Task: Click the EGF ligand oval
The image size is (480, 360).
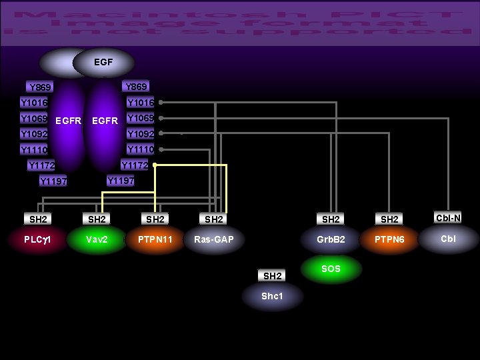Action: click(103, 63)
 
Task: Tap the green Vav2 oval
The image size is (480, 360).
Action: click(97, 239)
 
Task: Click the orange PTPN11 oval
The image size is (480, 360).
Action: click(155, 239)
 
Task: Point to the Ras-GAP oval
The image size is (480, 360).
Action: click(213, 239)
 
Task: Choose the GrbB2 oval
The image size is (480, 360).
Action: click(331, 239)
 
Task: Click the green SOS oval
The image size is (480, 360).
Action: click(331, 269)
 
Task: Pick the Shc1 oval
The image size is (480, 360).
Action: click(272, 296)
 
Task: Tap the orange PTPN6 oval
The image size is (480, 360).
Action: click(389, 239)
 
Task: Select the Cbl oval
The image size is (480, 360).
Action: click(449, 239)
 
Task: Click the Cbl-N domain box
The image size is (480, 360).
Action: click(449, 218)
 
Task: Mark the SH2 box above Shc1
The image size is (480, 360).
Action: click(272, 275)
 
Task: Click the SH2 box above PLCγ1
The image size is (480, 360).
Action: click(38, 219)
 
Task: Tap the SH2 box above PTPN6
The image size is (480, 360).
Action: click(389, 219)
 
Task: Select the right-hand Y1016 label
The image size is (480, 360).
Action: click(140, 103)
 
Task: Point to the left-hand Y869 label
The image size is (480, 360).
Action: click(41, 87)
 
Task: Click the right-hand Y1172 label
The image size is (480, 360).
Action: click(135, 165)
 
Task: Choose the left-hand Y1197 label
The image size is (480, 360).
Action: click(53, 181)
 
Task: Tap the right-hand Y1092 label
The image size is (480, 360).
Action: click(140, 133)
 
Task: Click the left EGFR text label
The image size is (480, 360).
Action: click(68, 121)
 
